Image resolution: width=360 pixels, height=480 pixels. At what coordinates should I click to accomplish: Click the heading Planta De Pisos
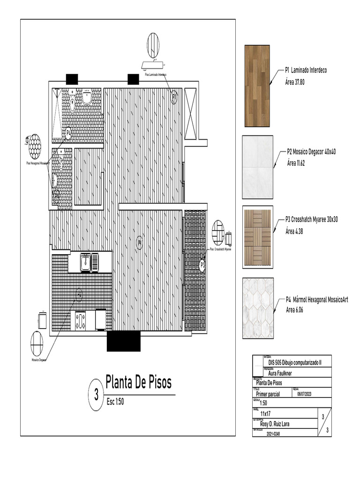tap(138, 383)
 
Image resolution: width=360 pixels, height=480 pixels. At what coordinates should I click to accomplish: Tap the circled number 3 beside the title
tap(96, 395)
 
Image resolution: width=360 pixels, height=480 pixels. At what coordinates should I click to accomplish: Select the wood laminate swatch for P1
tap(257, 86)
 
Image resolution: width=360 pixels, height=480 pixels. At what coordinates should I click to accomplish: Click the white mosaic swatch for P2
tap(257, 167)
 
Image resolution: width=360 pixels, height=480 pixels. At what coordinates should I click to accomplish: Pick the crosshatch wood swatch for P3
tap(257, 237)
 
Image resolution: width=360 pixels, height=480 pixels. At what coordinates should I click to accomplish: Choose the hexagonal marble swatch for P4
tap(257, 308)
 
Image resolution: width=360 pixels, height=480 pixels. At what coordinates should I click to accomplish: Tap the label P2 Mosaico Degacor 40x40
tap(311, 152)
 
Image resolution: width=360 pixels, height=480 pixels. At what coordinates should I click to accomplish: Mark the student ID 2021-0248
tap(276, 434)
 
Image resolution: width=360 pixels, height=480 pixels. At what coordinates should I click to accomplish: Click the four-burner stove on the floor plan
tap(80, 321)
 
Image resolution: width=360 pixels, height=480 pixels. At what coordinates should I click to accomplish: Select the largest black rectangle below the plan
tap(123, 341)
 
